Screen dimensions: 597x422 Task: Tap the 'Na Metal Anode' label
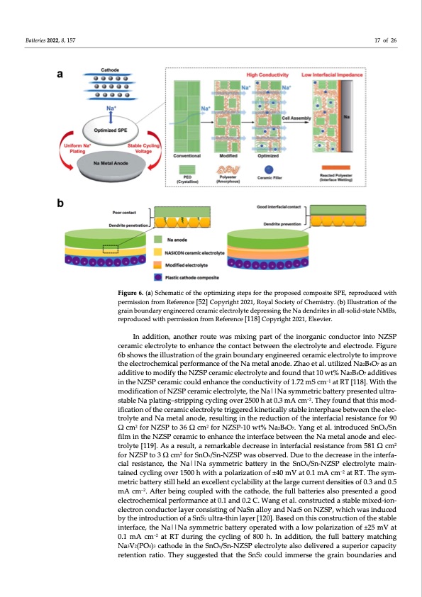[x=104, y=162]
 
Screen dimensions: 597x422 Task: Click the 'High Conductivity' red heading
[x=267, y=74]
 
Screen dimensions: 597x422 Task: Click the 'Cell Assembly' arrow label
[x=294, y=118]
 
